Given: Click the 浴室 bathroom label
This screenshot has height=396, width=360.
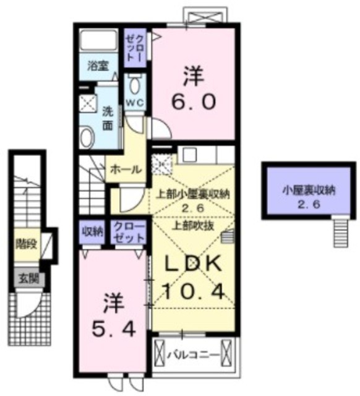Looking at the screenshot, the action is coord(98,66).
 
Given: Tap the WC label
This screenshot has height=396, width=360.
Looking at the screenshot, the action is coord(135,103).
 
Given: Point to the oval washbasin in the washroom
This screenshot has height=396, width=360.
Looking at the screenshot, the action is coord(87,137).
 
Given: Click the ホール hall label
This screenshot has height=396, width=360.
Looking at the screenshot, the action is coord(126,170).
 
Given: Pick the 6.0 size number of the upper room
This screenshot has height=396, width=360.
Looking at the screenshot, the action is coord(194,101).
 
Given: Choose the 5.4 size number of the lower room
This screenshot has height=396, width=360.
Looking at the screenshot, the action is coord(114,329).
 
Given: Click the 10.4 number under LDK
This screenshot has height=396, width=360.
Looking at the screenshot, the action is coord(194,291).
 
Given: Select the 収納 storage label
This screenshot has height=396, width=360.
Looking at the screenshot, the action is coord(93,231).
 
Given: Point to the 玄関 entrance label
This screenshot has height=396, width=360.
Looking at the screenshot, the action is coord(29,279).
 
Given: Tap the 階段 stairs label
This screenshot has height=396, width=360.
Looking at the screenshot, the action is coord(26,244).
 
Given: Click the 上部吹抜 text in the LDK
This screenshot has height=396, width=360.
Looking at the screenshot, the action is coord(193,225).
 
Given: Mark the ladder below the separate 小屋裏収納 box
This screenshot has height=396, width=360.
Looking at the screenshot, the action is coord(341,233).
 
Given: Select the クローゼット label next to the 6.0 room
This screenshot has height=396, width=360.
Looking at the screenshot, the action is coord(135,48).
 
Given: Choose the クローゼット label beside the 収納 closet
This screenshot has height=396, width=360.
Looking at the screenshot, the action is coord(129,232).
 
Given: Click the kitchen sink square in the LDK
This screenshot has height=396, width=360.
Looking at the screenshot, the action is coord(190,155).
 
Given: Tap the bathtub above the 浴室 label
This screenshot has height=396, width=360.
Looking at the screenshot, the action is coord(98,40).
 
